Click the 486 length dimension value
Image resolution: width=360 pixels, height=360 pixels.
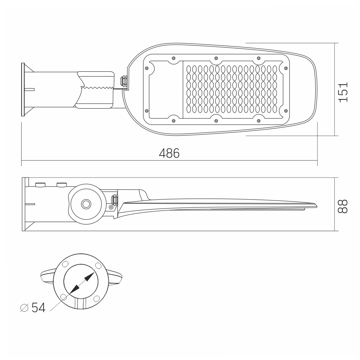click(169, 153)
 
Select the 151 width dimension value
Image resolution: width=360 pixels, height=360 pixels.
click(343, 92)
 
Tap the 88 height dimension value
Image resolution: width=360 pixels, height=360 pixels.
click(343, 206)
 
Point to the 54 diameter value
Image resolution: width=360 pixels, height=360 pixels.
click(39, 307)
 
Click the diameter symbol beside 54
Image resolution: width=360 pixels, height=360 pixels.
click(24, 308)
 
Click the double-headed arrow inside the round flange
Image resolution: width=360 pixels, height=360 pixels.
click(81, 283)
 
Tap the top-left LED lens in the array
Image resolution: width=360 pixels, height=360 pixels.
click(189, 69)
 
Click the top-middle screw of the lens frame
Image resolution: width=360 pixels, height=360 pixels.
click(216, 58)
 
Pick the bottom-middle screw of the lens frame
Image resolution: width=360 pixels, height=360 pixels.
click(216, 121)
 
